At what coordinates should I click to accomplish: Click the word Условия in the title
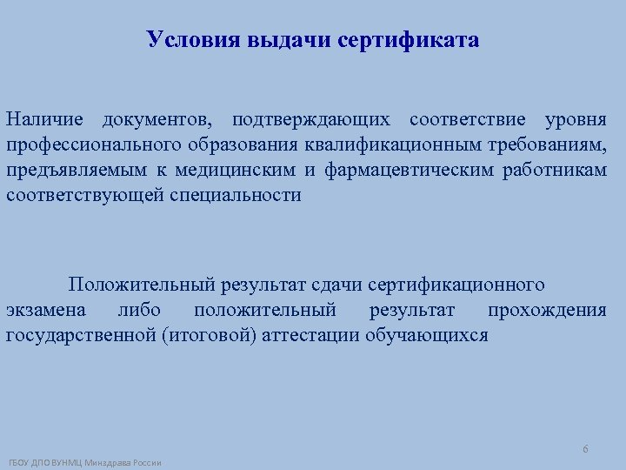pyautogui.click(x=182, y=40)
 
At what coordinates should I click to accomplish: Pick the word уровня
pyautogui.click(x=575, y=118)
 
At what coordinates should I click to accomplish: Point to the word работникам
pyautogui.click(x=555, y=169)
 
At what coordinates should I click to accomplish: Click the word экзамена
pyautogui.click(x=46, y=310)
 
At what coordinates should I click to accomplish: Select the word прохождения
pyautogui.click(x=547, y=310)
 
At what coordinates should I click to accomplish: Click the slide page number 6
pyautogui.click(x=585, y=449)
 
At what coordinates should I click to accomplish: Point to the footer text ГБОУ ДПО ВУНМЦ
pyautogui.click(x=48, y=462)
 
